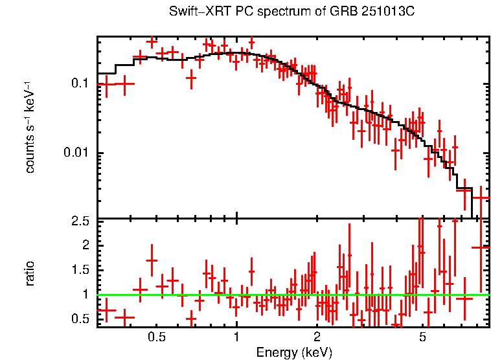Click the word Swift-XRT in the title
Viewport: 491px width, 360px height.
tap(195, 12)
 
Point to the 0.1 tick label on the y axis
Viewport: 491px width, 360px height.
tap(79, 84)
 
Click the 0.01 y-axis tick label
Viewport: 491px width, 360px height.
tap(76, 153)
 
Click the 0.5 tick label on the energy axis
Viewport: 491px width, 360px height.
tap(157, 338)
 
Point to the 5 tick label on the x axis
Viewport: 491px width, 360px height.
tap(422, 338)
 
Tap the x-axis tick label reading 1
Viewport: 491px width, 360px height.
tap(236, 338)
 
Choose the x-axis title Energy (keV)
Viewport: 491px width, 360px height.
tap(294, 352)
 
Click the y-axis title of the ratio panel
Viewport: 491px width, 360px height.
tap(30, 273)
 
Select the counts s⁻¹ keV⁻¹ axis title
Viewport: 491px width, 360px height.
tap(30, 127)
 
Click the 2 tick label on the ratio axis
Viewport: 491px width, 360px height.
tap(85, 245)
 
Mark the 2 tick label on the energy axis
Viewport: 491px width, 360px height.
tap(317, 338)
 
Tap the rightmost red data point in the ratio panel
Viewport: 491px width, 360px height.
tap(481, 247)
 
